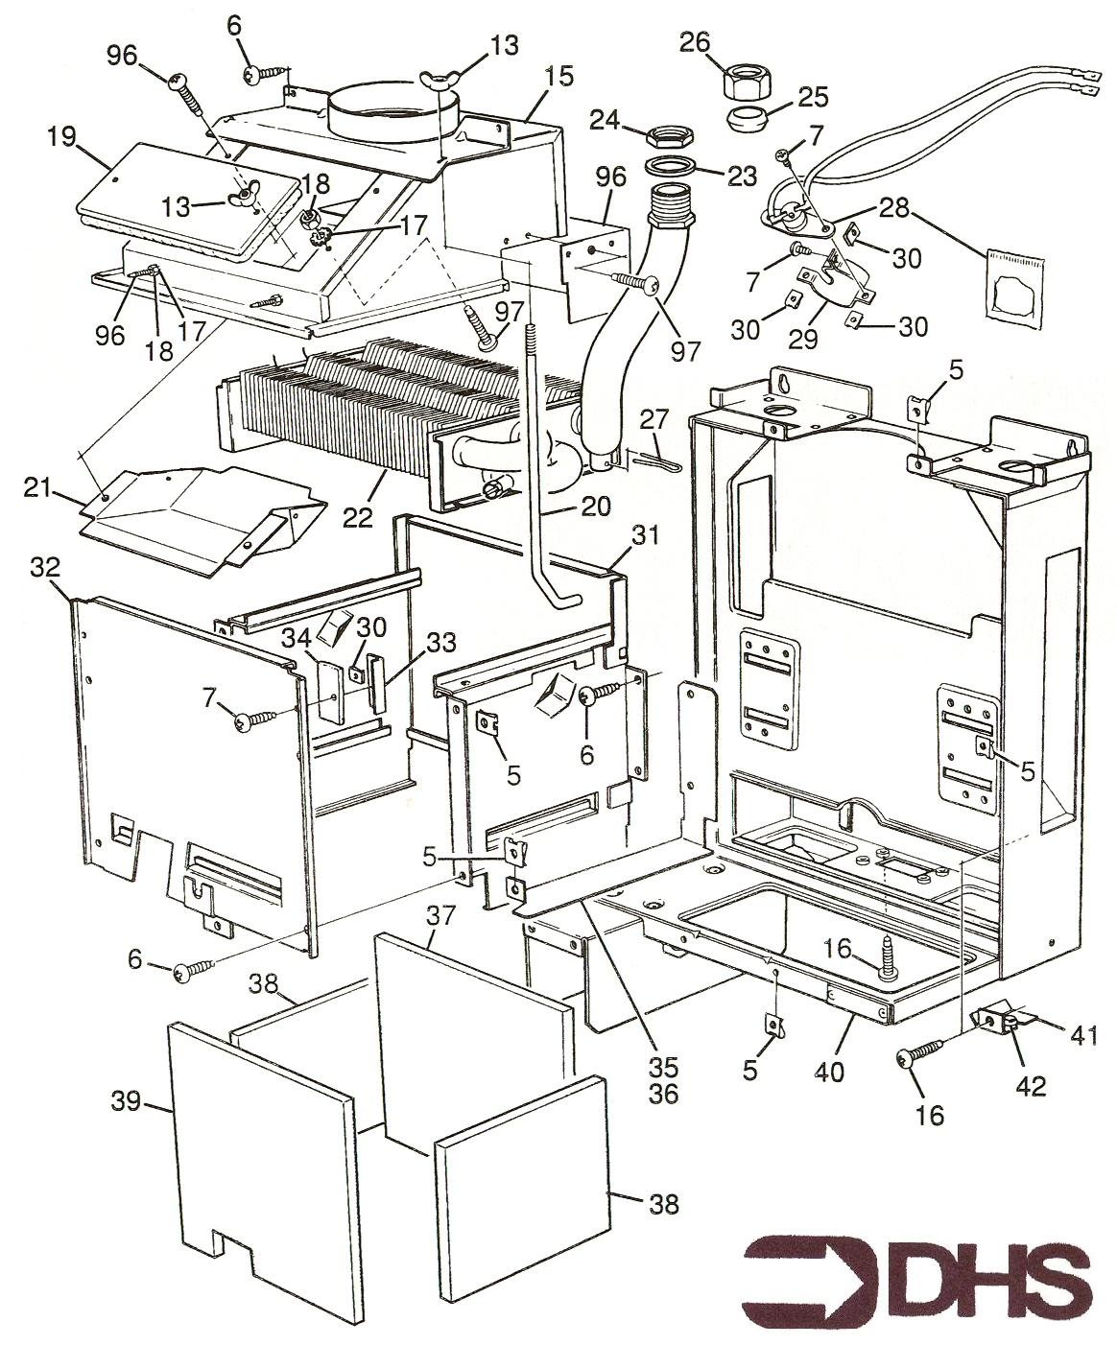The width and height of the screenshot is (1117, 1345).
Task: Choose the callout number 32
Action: [45, 567]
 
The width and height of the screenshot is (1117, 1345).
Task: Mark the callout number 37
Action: [440, 917]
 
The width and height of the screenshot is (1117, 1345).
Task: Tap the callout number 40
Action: [831, 1071]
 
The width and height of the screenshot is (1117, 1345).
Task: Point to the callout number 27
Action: [654, 418]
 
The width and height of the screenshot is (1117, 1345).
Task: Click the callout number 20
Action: [595, 506]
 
